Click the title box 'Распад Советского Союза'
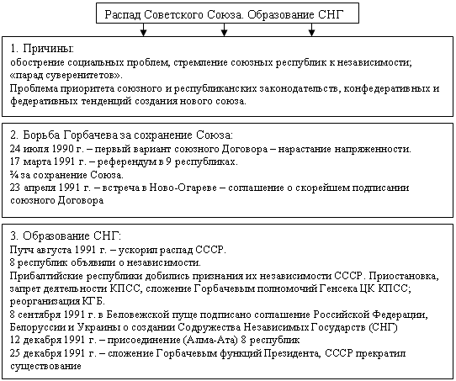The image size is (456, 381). coord(227,14)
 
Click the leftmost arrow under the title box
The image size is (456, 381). coord(144,31)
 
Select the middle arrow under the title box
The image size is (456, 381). coord(225,31)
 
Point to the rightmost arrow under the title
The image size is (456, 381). coord(311,31)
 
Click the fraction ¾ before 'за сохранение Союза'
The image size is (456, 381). coord(14,175)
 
